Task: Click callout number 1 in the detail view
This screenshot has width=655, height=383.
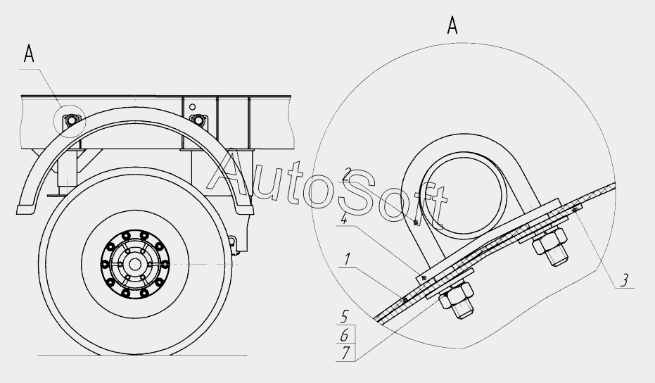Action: [346, 260]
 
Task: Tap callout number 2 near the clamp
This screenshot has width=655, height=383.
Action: [347, 173]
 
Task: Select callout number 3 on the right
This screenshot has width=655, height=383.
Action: [624, 280]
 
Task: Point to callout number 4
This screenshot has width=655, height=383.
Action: [344, 218]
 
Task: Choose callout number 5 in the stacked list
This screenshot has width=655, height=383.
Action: [344, 317]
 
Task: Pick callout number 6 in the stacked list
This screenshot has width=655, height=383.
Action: [345, 335]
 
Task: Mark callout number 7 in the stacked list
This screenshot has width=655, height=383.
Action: [345, 353]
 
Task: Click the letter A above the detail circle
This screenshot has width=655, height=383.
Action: [452, 25]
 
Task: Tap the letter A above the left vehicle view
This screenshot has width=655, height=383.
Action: [28, 54]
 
